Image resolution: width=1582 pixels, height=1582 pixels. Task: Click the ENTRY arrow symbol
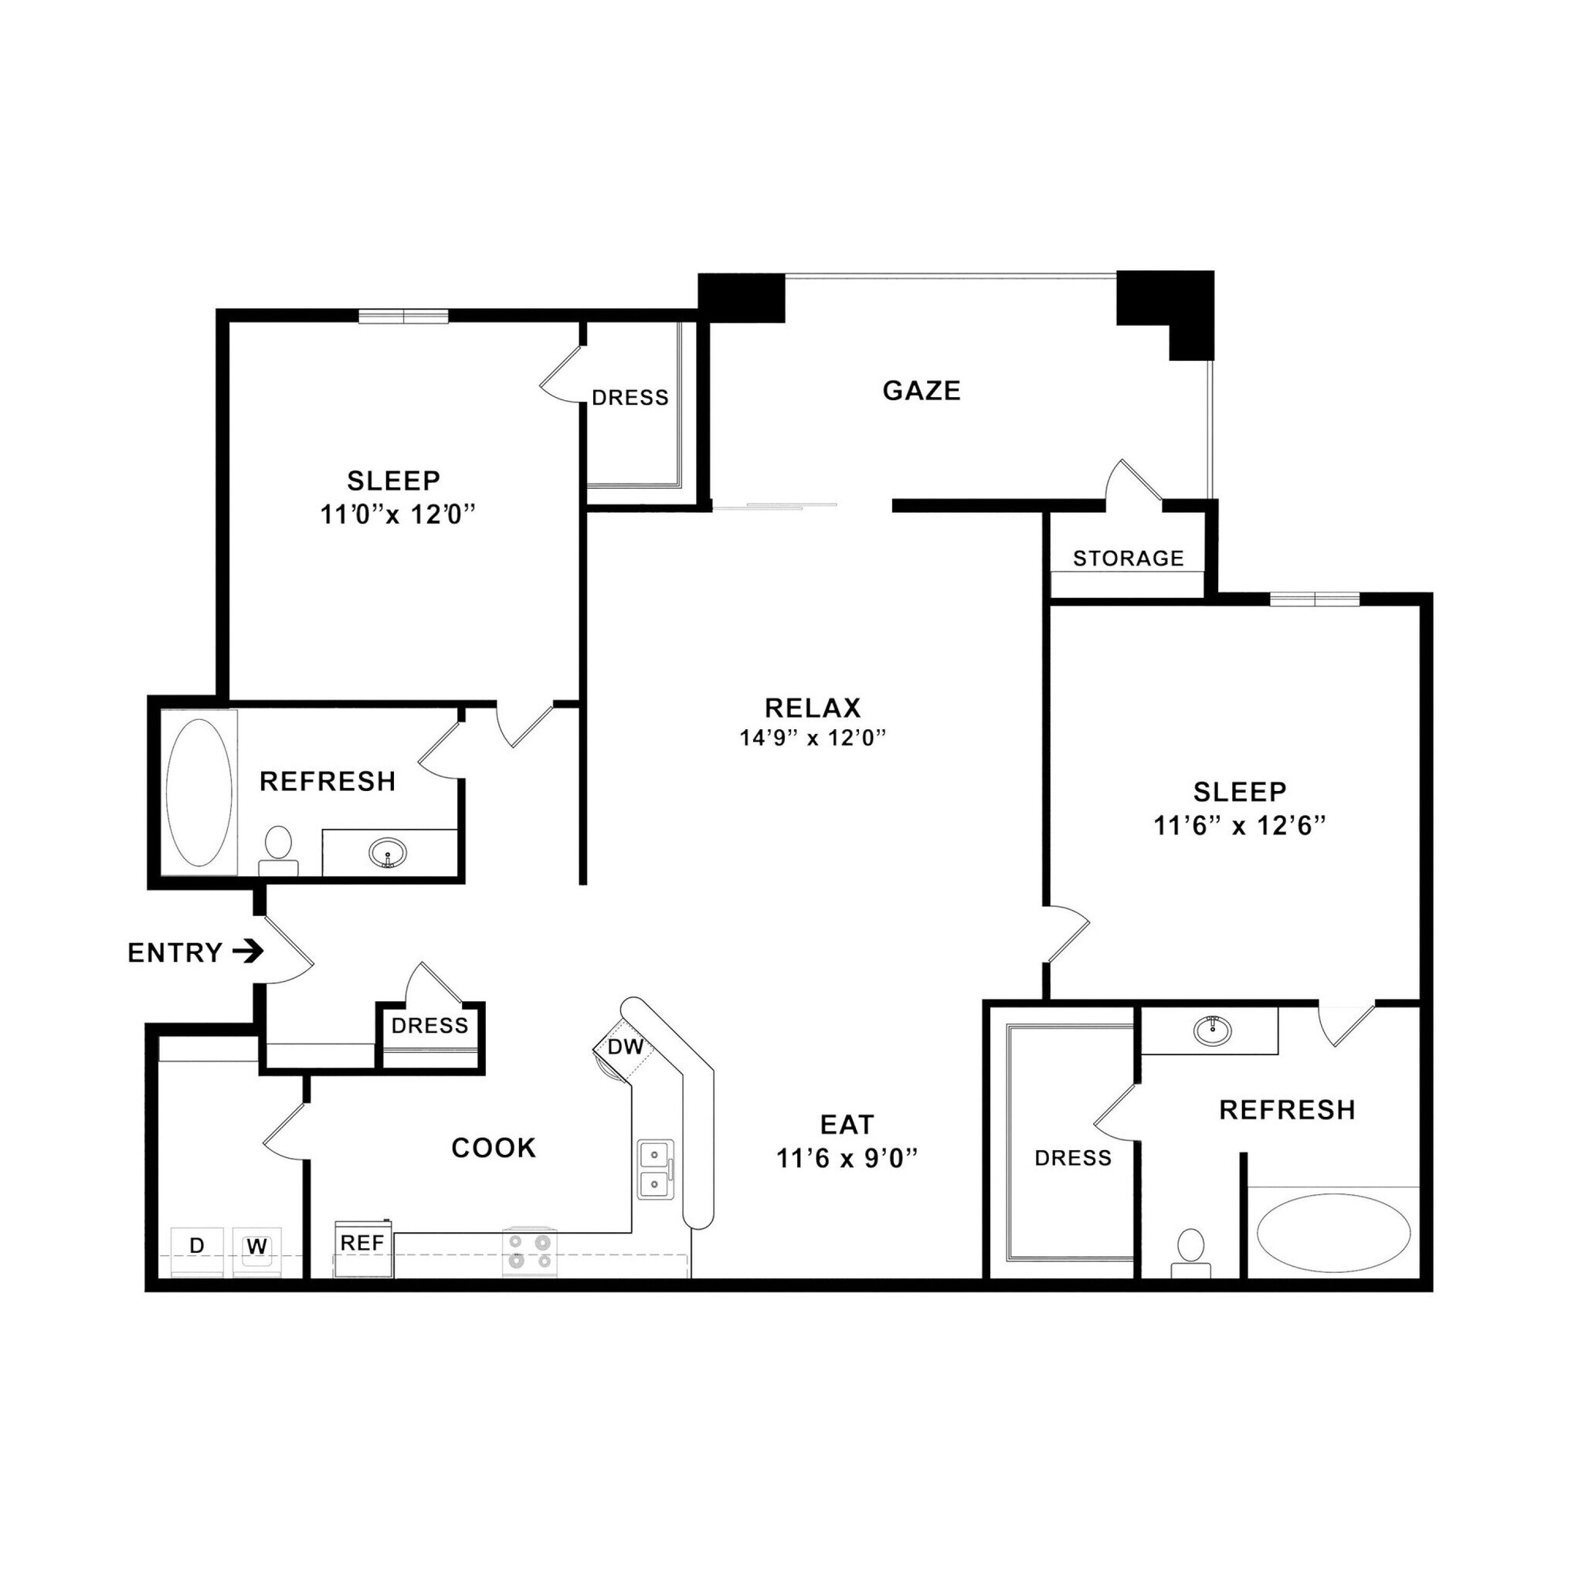pos(246,952)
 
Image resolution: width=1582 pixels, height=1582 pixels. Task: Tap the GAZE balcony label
pos(922,391)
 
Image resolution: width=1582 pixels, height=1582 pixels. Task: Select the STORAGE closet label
pos(1128,558)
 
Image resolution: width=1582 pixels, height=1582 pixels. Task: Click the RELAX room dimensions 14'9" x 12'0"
pos(813,738)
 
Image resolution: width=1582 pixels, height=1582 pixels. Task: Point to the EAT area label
pos(847,1124)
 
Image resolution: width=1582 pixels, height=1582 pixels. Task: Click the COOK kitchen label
pos(494,1147)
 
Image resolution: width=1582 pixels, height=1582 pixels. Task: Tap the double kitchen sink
pos(655,1170)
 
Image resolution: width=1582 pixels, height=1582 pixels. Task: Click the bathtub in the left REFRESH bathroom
pos(199,792)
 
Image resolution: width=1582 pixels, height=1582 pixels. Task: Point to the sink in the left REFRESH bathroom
pos(387,854)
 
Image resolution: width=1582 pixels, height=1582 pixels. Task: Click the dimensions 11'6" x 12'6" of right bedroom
pos(1239,826)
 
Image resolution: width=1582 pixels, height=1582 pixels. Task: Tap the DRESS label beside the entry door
pos(429,1025)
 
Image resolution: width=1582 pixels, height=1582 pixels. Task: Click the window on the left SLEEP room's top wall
pos(404,316)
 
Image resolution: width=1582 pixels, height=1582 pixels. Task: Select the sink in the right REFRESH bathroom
pos(1212,1029)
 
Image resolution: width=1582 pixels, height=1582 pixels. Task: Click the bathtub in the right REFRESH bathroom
pos(1333,1233)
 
